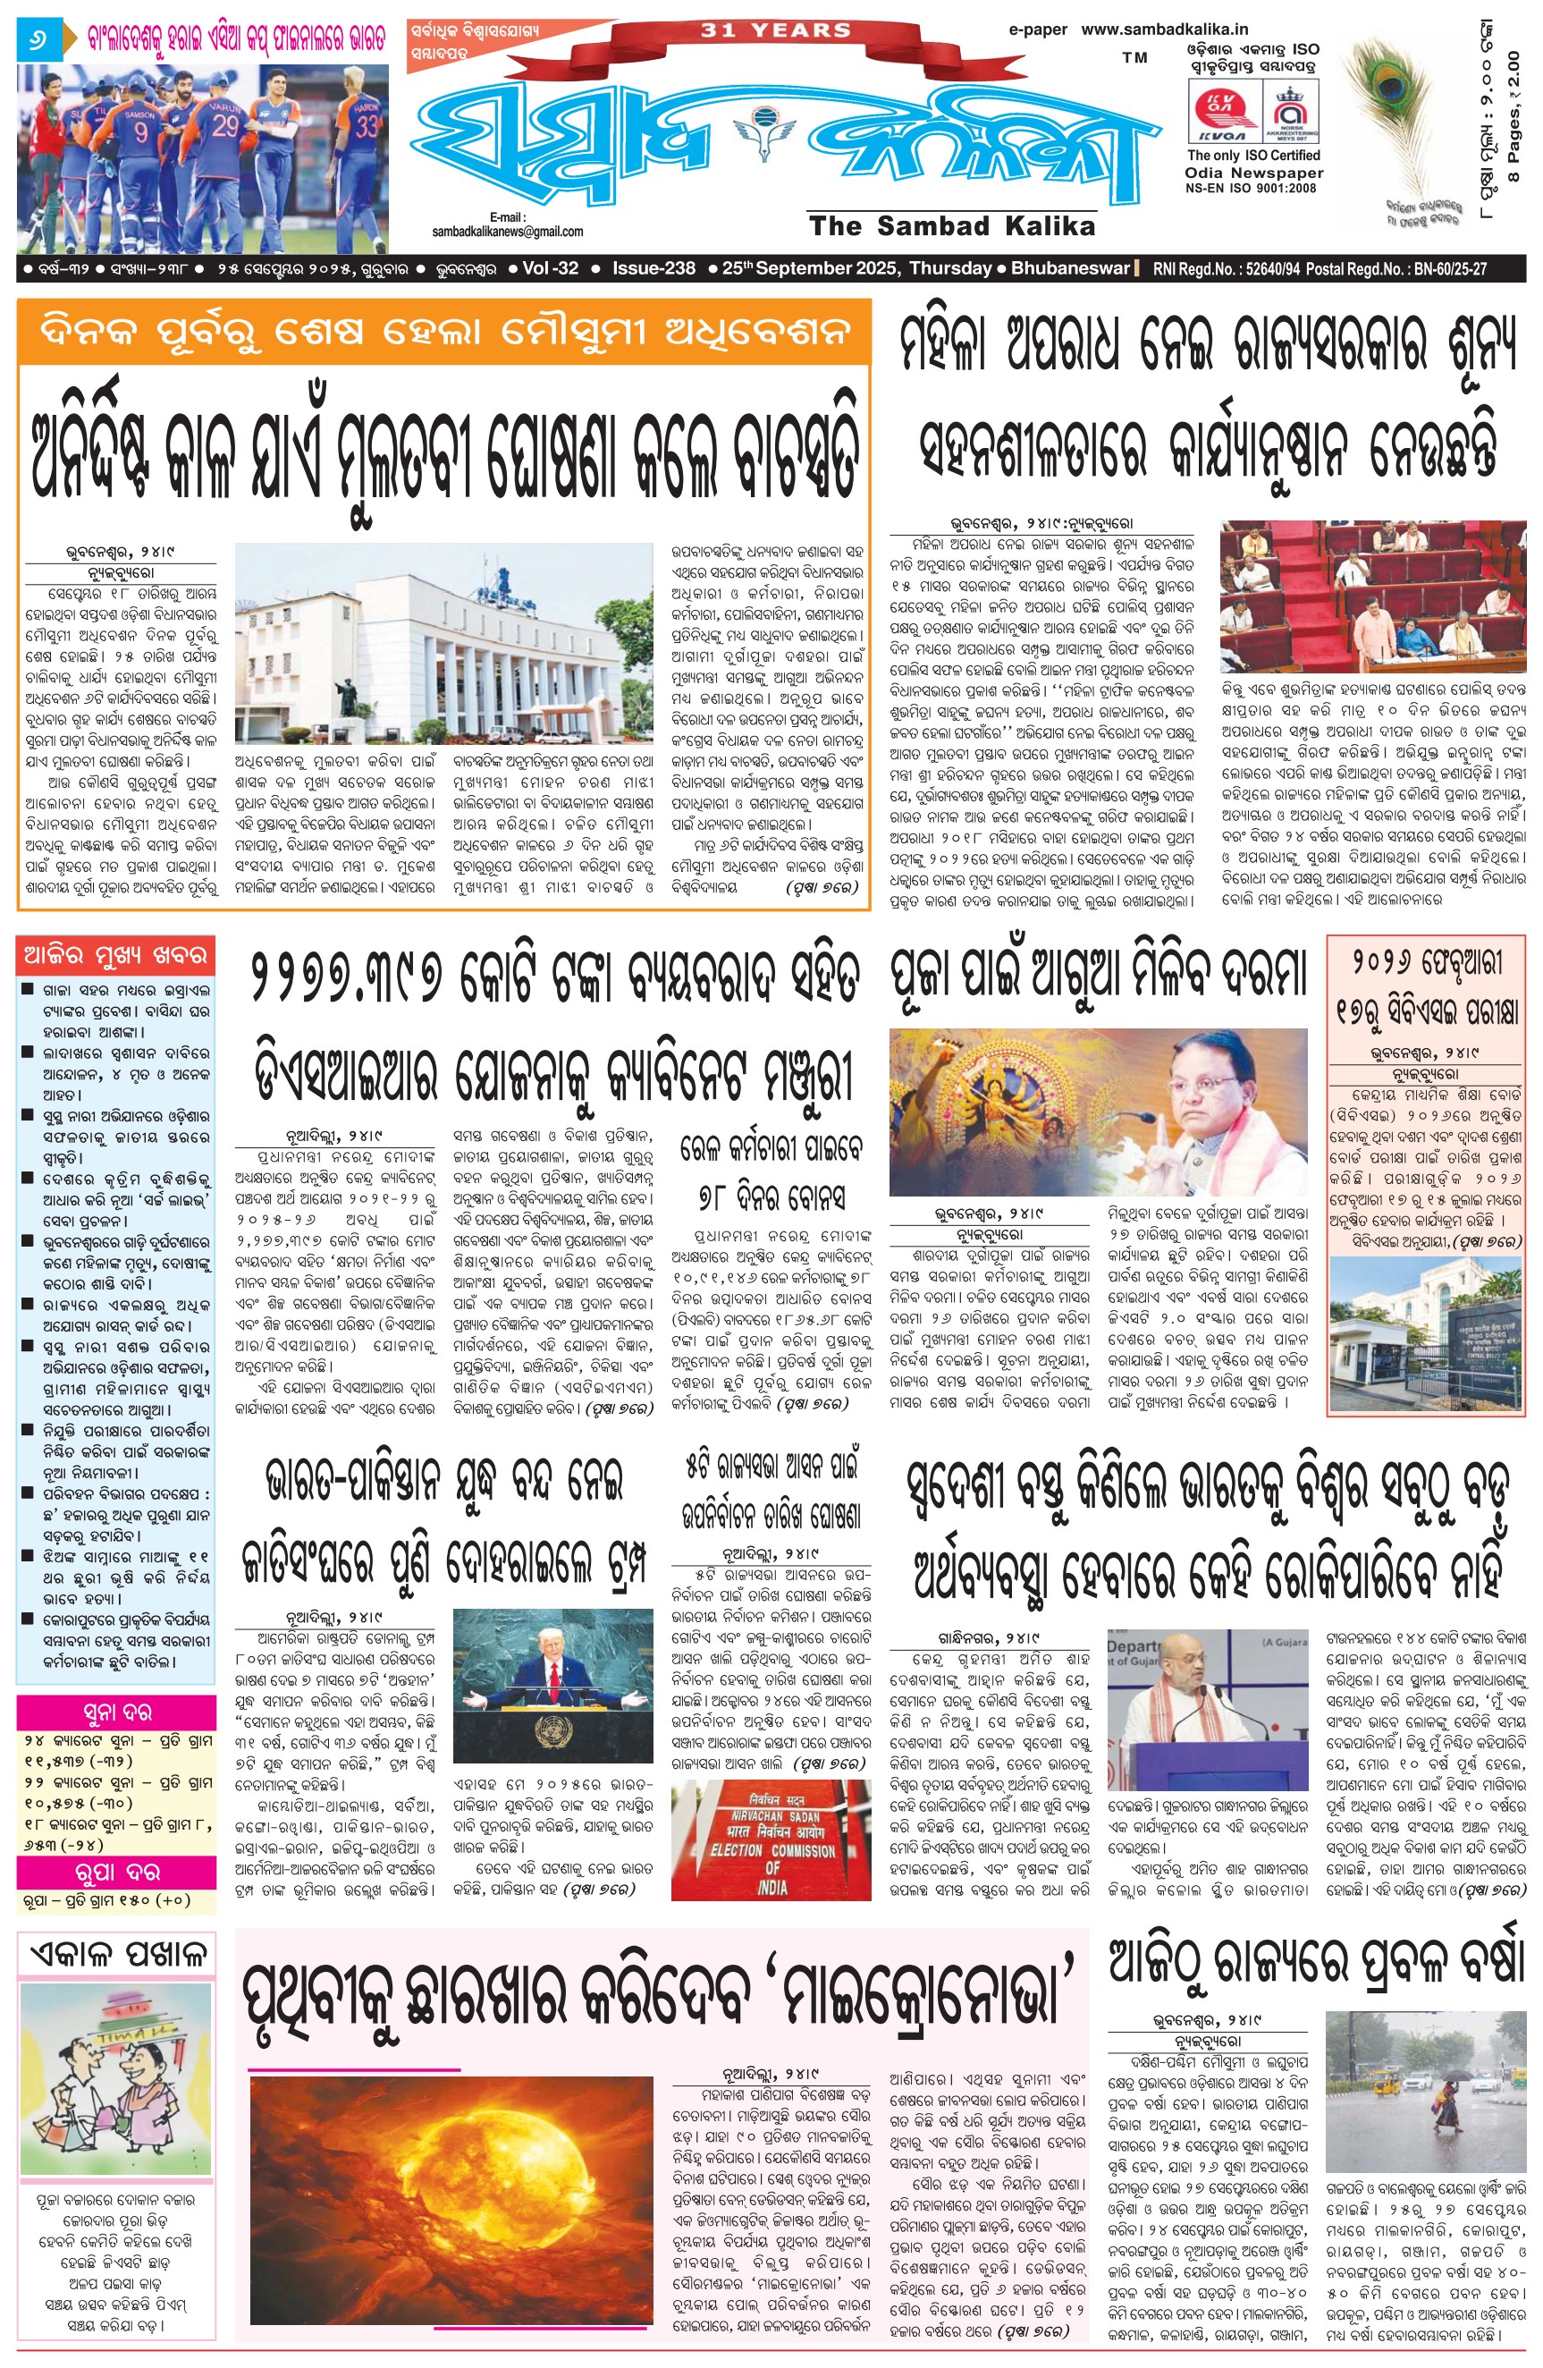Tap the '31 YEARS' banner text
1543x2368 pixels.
(776, 30)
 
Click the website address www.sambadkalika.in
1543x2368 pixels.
(1164, 30)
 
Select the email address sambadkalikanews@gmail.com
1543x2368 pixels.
(508, 232)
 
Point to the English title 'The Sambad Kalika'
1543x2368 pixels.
(952, 226)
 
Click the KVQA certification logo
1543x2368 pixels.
(1223, 112)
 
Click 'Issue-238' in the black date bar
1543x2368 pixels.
(653, 268)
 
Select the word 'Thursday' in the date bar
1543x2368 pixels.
(949, 268)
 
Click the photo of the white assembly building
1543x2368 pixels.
(444, 643)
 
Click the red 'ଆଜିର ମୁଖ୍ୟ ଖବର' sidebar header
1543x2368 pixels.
(115, 957)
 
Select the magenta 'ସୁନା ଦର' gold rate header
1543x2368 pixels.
(115, 1713)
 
